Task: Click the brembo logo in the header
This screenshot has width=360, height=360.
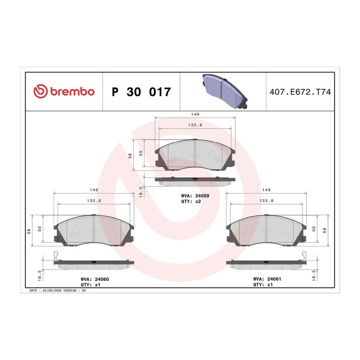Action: pos(64,91)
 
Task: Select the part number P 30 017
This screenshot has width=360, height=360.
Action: pos(141,92)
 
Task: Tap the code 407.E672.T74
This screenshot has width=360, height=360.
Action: pos(300,92)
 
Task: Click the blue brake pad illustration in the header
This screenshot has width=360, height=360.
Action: pos(225,91)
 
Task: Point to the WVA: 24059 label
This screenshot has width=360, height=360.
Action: pos(195,196)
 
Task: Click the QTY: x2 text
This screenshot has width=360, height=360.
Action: pos(191,201)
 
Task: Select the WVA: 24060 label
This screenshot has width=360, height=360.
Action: pos(95,279)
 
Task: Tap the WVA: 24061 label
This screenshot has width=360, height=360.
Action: pos(267,279)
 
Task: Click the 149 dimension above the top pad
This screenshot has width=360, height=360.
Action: pos(195,114)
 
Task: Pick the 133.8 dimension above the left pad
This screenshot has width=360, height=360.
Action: pos(94,201)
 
